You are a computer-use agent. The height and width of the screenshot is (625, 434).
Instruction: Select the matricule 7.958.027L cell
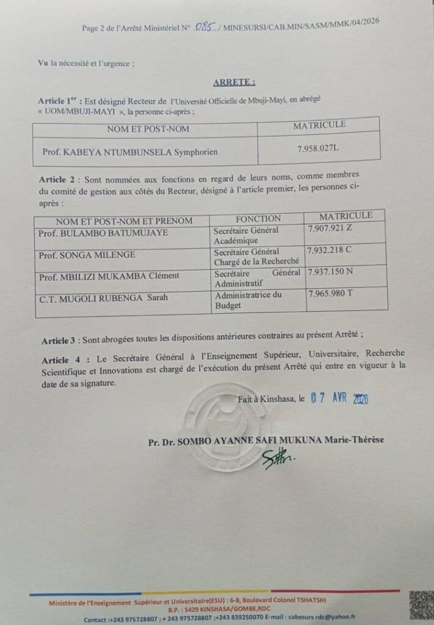pos(318,148)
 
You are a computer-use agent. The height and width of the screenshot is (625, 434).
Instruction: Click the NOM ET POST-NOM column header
pos(148,129)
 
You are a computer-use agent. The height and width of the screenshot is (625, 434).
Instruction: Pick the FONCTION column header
pos(258,219)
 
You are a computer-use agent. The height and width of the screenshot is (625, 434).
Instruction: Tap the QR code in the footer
pos(421,605)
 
